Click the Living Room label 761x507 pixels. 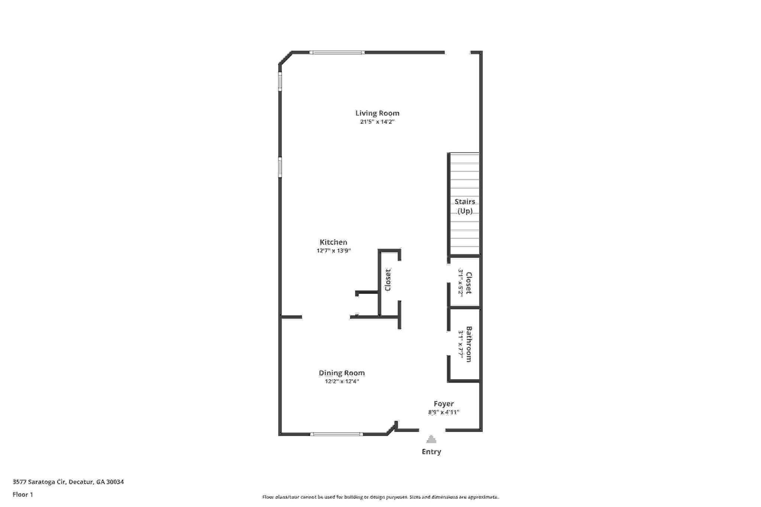click(377, 113)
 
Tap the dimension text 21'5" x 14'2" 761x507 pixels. click(377, 122)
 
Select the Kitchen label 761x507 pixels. click(333, 242)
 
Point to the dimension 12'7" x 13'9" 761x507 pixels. click(333, 251)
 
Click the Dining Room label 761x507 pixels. click(341, 373)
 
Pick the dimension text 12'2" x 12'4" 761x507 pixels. click(341, 381)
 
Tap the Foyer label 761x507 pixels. click(444, 403)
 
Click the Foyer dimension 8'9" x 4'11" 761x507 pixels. click(444, 412)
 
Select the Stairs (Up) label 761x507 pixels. click(464, 206)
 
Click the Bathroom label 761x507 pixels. click(469, 344)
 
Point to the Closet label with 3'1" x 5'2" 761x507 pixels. click(469, 283)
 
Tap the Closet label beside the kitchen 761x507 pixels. click(388, 280)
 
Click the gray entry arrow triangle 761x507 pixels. click(431, 439)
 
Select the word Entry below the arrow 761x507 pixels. click(431, 452)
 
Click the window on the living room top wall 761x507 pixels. click(337, 52)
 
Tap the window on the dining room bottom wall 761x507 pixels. click(337, 434)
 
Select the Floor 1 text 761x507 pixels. click(23, 494)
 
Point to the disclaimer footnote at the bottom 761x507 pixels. click(380, 497)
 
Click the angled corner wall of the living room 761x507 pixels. click(285, 58)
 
